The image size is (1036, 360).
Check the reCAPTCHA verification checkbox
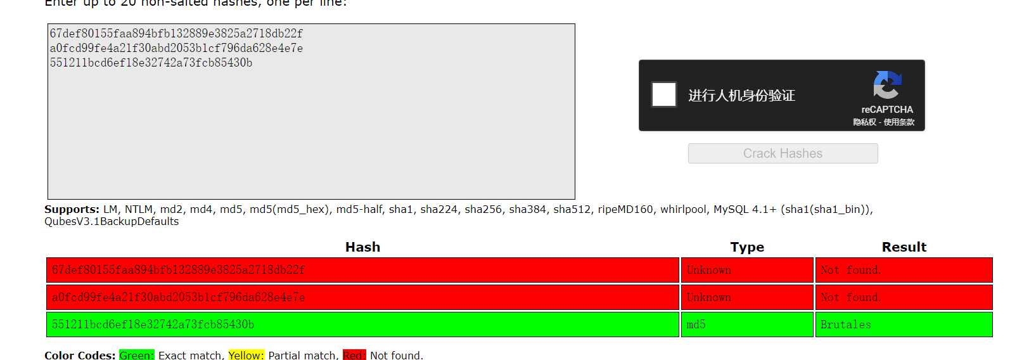coord(664,95)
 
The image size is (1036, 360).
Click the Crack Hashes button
coord(783,153)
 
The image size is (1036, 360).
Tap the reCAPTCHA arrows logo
coord(887,84)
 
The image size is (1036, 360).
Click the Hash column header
coord(362,247)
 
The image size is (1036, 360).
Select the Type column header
coord(747,247)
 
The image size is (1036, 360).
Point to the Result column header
coord(904,247)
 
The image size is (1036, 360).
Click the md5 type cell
coord(696,325)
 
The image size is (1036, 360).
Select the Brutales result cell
coord(845,325)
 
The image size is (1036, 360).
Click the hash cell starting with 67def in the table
coord(178,270)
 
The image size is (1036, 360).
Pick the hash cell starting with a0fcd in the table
coord(178,297)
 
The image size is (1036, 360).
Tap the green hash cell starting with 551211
coord(153,325)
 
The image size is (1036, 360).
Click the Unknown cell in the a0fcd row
coord(708,297)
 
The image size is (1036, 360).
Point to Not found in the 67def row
coord(850,270)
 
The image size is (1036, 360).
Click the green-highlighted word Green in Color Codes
coord(136,356)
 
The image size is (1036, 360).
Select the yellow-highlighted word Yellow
coord(246,356)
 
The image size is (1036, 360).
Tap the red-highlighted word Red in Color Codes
coord(354,356)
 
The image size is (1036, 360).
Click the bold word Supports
coord(72,209)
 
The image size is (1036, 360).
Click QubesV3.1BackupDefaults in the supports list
coord(112,221)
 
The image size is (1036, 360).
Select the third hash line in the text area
coord(151,63)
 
